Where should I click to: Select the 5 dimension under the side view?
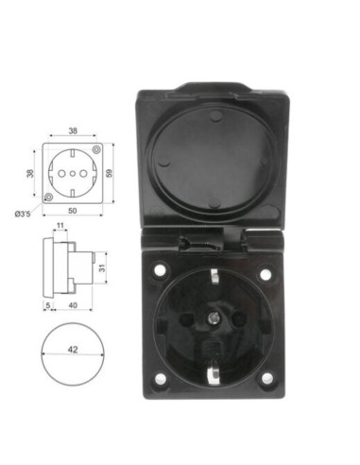47,306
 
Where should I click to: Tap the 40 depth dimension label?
73,306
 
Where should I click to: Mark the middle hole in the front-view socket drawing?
73,175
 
